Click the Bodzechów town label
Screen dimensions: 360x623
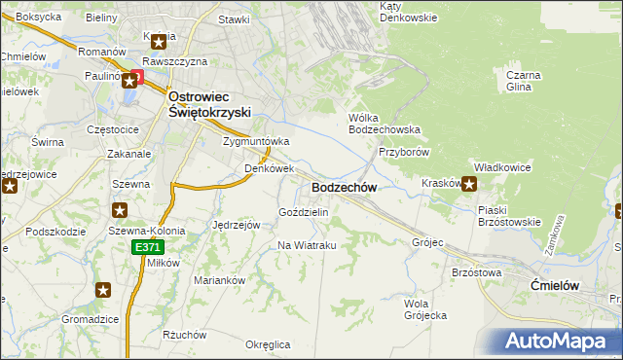(344, 187)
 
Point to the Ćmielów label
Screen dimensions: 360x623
(557, 284)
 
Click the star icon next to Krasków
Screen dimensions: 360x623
(469, 184)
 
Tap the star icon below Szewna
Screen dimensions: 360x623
(120, 210)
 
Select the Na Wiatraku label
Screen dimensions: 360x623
(307, 245)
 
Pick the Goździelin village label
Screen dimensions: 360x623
(304, 212)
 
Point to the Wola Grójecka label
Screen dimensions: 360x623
(424, 308)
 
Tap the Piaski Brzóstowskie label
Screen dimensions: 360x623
(509, 215)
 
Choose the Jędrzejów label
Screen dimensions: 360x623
(235, 224)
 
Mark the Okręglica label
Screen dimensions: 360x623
(268, 344)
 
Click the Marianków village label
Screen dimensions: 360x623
(218, 280)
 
